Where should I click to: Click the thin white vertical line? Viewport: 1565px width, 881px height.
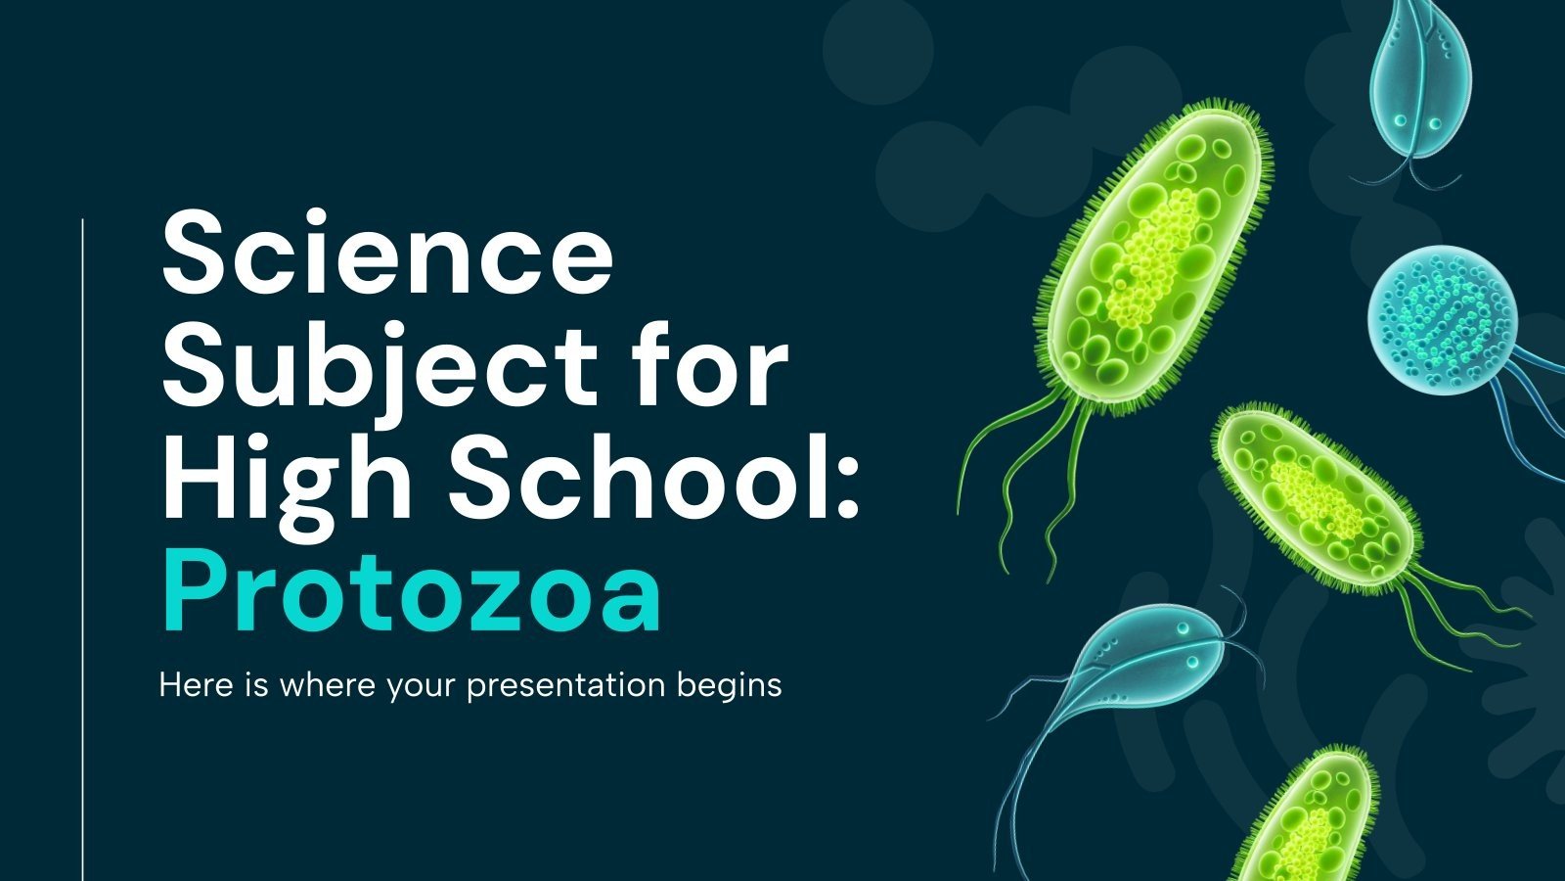pyautogui.click(x=83, y=548)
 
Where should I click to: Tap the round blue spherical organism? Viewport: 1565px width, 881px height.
pyautogui.click(x=1441, y=318)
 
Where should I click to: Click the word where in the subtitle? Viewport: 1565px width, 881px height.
pyautogui.click(x=327, y=685)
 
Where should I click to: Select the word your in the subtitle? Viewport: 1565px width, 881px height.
pyautogui.click(x=423, y=685)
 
